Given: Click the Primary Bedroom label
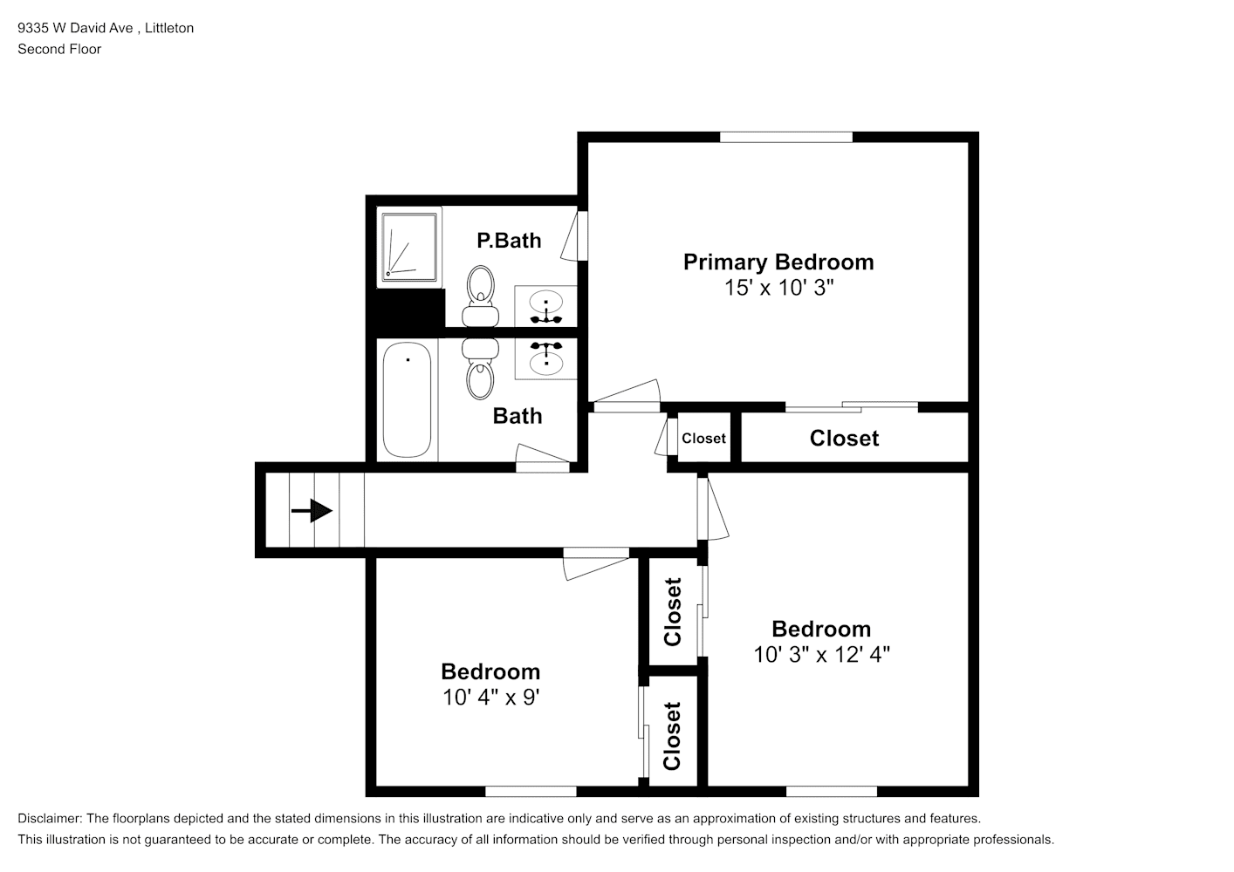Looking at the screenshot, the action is coord(778,262).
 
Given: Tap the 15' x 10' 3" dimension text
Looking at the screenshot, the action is coord(779,288).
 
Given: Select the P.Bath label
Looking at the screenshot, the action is coord(509,241).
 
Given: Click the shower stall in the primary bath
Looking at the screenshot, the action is coord(410,247).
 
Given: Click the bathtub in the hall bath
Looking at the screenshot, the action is coord(407,399).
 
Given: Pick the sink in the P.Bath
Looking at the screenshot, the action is coord(546,306).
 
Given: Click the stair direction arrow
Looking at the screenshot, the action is coord(312,511).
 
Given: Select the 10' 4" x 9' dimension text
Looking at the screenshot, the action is coord(490,698).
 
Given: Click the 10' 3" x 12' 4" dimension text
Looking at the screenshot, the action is coord(821,655).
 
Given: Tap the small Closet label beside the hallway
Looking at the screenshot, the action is coord(703,439).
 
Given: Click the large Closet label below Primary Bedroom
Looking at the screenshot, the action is coord(844,439).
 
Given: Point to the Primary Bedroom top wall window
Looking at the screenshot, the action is coord(786,137).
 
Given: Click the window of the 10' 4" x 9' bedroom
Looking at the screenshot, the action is coord(531,792).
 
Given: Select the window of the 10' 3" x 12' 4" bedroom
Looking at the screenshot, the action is coord(832,792).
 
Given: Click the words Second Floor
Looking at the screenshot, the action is coord(59,49).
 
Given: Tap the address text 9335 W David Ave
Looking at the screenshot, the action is coord(75,28).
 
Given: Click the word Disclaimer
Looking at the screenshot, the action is coord(49,819).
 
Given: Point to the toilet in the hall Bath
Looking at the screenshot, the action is coord(480,369).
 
